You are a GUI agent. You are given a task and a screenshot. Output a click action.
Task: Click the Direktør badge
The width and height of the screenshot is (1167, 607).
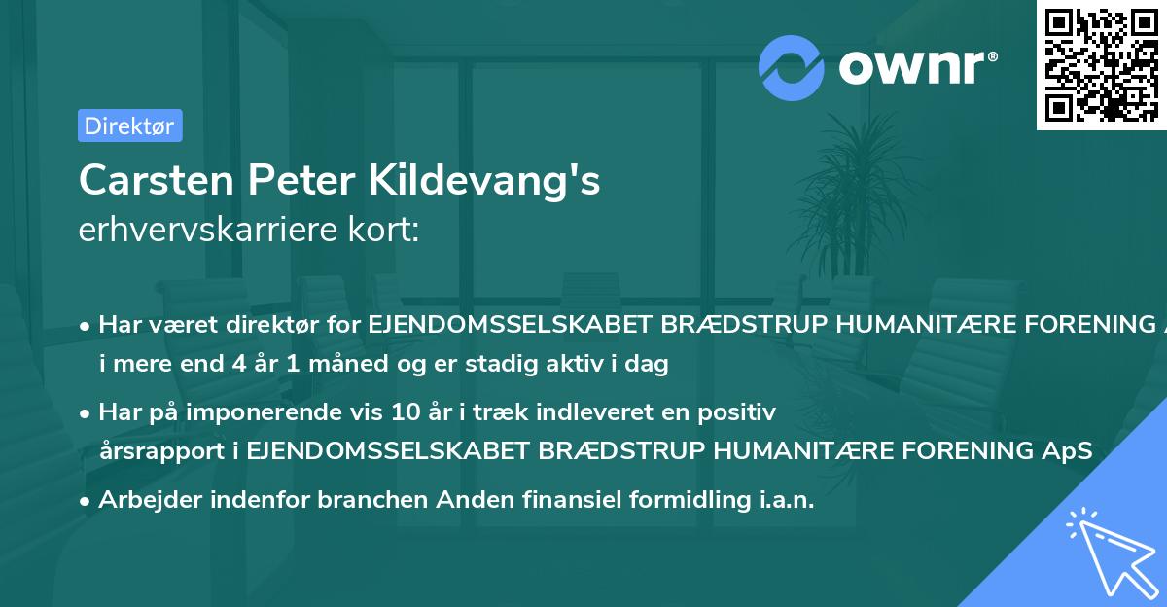coord(129,125)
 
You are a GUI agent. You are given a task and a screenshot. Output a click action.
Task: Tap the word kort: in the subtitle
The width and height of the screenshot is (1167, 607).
coord(391,230)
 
